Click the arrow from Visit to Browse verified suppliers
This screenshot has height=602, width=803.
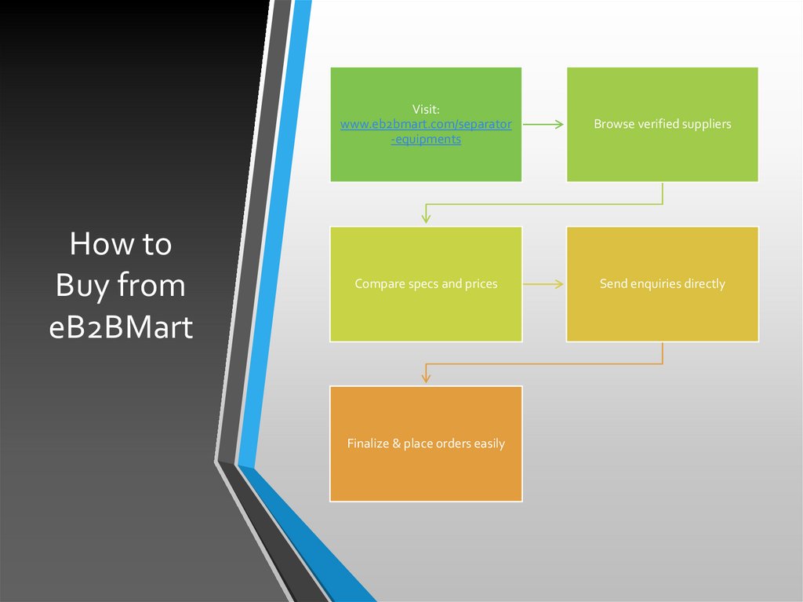coord(543,124)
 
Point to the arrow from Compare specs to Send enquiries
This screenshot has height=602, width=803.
coord(543,284)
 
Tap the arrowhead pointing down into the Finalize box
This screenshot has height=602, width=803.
coord(426,375)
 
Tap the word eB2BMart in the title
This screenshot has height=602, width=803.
coord(121,327)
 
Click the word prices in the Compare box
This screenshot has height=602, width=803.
coord(480,284)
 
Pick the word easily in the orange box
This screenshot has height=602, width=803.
coord(489,444)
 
